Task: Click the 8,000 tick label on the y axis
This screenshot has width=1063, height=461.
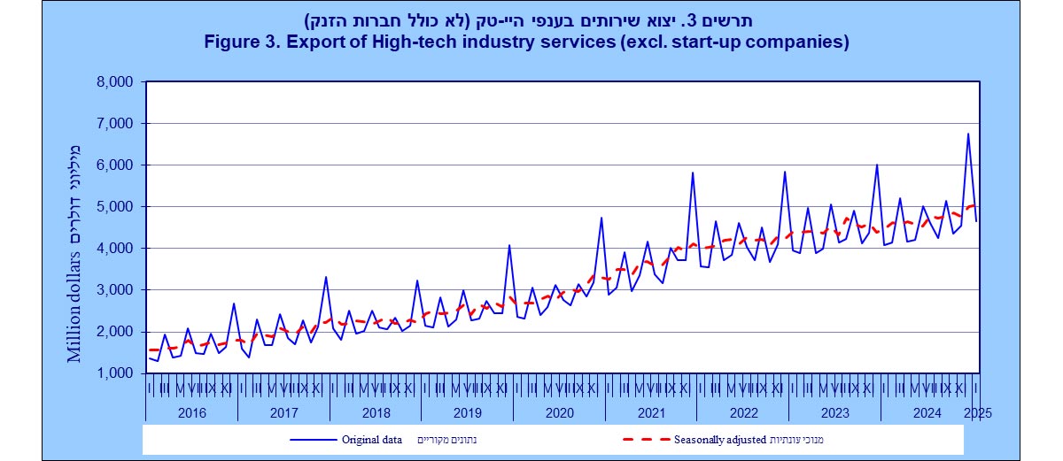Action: point(113,82)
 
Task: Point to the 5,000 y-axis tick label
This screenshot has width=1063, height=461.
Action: point(113,207)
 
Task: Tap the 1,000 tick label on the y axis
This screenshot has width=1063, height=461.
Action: point(113,373)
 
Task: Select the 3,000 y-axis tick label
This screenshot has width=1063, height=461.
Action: point(113,290)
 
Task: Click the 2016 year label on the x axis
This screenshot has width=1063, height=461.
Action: point(191,412)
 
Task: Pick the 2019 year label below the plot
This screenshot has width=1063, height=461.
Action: point(467,412)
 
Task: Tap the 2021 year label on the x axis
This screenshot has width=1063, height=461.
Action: point(651,412)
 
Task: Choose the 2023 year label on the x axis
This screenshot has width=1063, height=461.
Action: point(834,412)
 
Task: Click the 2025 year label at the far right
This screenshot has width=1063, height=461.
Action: point(977,412)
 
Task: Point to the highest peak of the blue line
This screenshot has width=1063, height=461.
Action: point(968,134)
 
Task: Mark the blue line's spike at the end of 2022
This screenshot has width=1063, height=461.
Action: point(785,172)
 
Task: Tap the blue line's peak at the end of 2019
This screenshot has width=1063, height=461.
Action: point(509,245)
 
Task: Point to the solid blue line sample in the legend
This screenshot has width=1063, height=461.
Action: point(309,439)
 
